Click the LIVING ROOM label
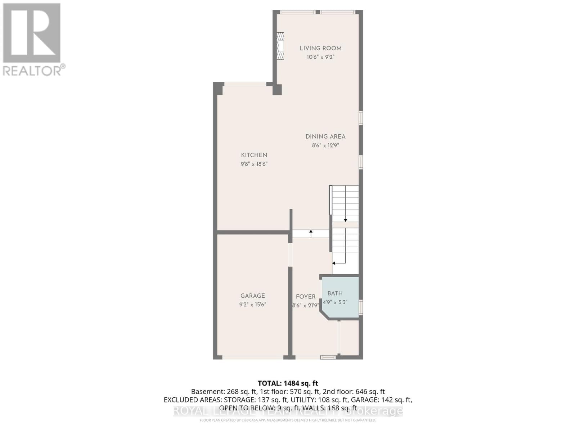click(320, 48)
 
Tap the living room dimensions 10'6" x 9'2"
click(320, 57)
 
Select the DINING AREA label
click(325, 136)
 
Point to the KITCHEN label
click(254, 155)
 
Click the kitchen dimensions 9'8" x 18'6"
click(254, 164)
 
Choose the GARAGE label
click(253, 296)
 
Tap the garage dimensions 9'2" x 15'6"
click(253, 305)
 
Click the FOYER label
click(306, 297)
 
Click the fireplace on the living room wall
click(280, 46)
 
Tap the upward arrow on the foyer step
click(311, 233)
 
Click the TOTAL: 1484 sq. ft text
click(288, 383)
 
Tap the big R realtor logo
click(32, 33)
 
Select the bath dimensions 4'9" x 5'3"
click(335, 302)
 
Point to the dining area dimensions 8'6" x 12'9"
click(325, 145)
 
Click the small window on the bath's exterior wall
click(361, 308)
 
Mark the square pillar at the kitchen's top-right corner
click(277, 90)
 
